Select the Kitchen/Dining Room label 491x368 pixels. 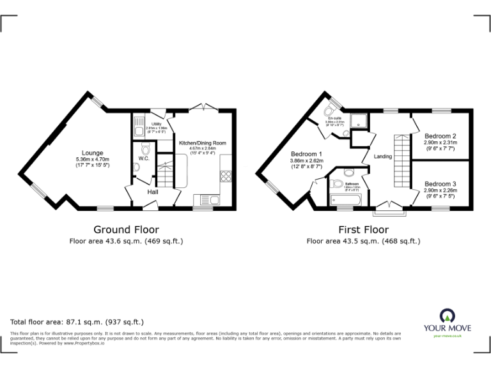pos(203,142)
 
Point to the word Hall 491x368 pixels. pos(153,192)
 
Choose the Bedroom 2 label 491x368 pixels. pos(440,136)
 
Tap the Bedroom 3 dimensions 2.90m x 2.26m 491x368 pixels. pos(440,190)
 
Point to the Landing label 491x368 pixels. pos(383,157)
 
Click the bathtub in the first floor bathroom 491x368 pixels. pos(345,201)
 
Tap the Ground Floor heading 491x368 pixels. pos(126,229)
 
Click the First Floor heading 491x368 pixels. pos(363,229)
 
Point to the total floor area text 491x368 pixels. pos(77,322)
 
